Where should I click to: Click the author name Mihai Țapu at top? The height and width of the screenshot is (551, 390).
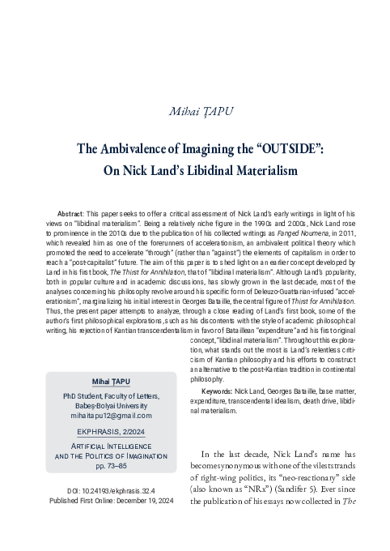(x=194, y=111)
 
